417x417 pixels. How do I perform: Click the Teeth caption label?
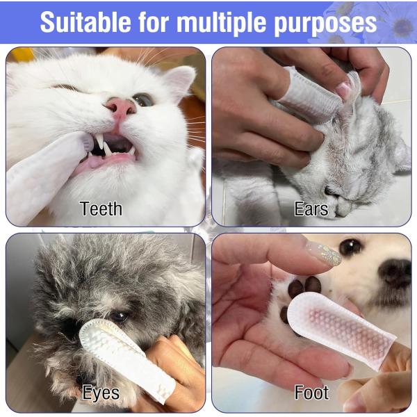(x=101, y=208)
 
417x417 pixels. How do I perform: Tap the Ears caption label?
(x=311, y=208)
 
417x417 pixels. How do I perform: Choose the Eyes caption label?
(x=101, y=393)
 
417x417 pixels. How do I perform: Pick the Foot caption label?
(x=311, y=393)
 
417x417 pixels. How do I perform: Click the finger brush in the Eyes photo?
(x=125, y=354)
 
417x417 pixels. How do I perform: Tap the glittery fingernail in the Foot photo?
(x=322, y=254)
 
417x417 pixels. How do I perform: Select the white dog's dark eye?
(x=351, y=247)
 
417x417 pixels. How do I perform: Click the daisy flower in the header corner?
(x=401, y=26)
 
